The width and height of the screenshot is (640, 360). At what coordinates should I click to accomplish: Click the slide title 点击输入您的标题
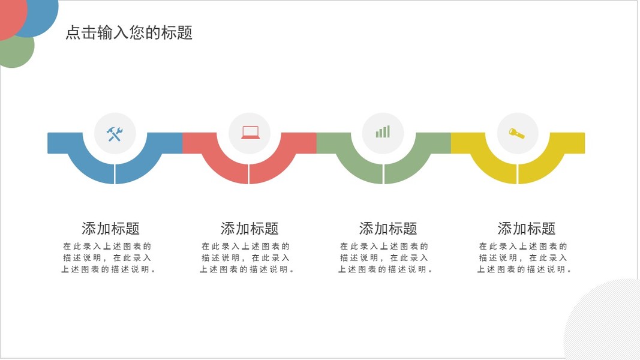129,32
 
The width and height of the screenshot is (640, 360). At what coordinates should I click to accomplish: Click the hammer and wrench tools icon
115,133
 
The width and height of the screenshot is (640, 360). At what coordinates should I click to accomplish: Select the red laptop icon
250,133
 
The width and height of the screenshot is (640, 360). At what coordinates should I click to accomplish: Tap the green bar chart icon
383,132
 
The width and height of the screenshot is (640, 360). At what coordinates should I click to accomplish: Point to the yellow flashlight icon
516,133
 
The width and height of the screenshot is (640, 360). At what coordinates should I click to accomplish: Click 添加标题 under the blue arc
110,229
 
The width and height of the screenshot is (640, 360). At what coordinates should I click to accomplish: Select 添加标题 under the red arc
250,229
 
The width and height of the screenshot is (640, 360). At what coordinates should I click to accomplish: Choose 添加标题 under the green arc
388,229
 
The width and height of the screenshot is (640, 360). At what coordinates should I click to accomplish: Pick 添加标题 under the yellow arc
527,229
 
